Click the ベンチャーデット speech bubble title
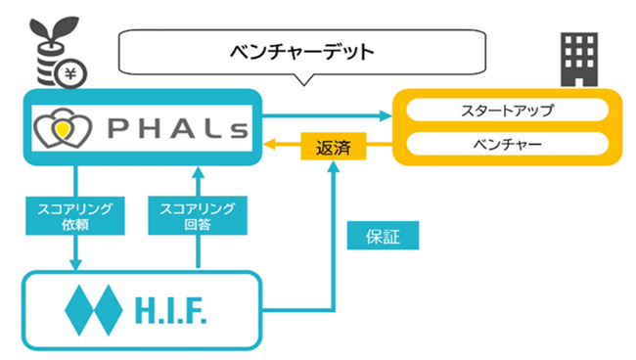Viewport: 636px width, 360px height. click(x=302, y=52)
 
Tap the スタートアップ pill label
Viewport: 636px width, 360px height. click(x=507, y=110)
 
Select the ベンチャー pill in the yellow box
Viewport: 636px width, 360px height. click(x=507, y=144)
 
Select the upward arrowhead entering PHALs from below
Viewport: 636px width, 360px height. click(x=197, y=173)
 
